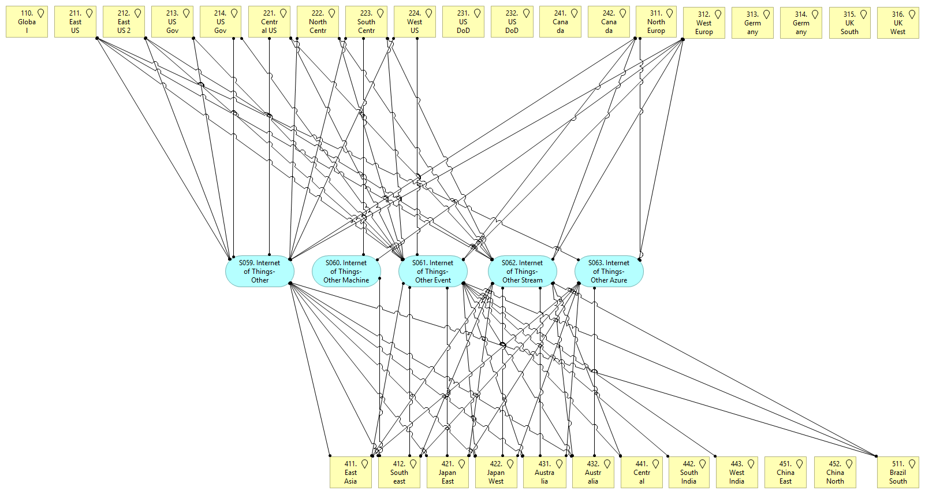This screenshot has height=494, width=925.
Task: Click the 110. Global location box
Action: pyautogui.click(x=27, y=22)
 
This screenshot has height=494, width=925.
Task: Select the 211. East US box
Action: pyautogui.click(x=75, y=22)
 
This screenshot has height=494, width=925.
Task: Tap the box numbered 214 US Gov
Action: pyautogui.click(x=221, y=22)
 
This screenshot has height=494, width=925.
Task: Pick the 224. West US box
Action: pyautogui.click(x=415, y=22)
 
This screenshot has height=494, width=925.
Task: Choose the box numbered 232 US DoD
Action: pyautogui.click(x=512, y=22)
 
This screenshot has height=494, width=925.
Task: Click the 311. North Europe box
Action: pyautogui.click(x=656, y=22)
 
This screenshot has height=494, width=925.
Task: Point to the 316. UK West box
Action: pyautogui.click(x=897, y=23)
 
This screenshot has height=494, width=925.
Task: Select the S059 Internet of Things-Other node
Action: pyautogui.click(x=260, y=272)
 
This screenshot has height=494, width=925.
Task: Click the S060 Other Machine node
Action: pyautogui.click(x=346, y=272)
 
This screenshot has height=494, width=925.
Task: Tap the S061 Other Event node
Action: pyautogui.click(x=433, y=272)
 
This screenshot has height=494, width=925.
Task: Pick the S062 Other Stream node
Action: pyautogui.click(x=522, y=272)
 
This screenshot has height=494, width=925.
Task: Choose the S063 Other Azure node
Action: pyautogui.click(x=609, y=272)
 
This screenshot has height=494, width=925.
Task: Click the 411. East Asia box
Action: pyautogui.click(x=350, y=473)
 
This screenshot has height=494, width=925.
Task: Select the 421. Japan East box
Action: pyautogui.click(x=447, y=473)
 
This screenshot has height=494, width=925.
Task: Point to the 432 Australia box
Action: pyautogui.click(x=593, y=473)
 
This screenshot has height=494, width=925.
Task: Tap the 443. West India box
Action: pyautogui.click(x=737, y=473)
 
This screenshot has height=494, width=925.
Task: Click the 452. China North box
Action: pyautogui.click(x=835, y=473)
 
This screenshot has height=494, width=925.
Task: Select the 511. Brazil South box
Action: pyautogui.click(x=898, y=473)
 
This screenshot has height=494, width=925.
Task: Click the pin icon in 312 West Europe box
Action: pyautogui.click(x=718, y=14)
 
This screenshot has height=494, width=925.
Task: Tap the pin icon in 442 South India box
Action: pyautogui.click(x=702, y=464)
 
